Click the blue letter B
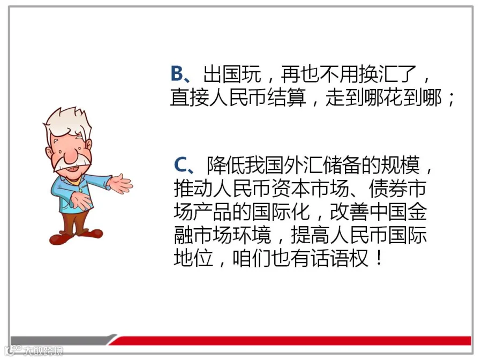[x=177, y=74]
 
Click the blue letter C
[x=181, y=165]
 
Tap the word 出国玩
[x=232, y=74]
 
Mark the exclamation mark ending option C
[x=379, y=258]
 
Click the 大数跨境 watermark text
[x=43, y=351]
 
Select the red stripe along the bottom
[x=290, y=341]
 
